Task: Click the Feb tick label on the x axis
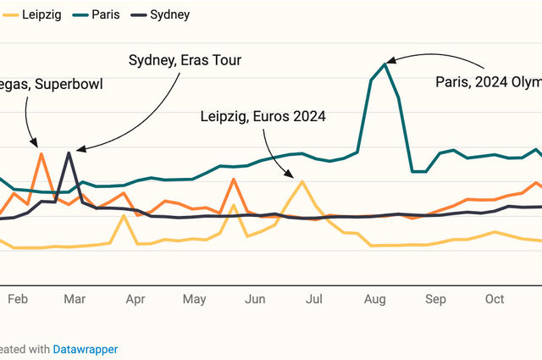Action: (x=18, y=299)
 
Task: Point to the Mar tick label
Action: (x=75, y=299)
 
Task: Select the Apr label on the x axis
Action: (x=135, y=299)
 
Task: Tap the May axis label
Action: (x=194, y=299)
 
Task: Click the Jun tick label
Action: (x=255, y=299)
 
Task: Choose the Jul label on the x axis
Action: (x=314, y=299)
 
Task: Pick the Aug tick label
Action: (x=374, y=299)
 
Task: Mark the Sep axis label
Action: (x=435, y=299)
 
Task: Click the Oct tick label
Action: (x=495, y=299)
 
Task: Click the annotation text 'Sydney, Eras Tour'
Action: (x=185, y=60)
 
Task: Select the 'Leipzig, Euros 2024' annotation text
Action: (x=263, y=116)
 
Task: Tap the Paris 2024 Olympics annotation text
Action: (x=488, y=82)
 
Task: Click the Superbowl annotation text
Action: (x=51, y=86)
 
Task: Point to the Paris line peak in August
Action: (x=386, y=64)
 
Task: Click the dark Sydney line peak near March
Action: (x=69, y=152)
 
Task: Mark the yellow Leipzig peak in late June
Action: (x=301, y=180)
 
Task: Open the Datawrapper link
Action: (x=85, y=349)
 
